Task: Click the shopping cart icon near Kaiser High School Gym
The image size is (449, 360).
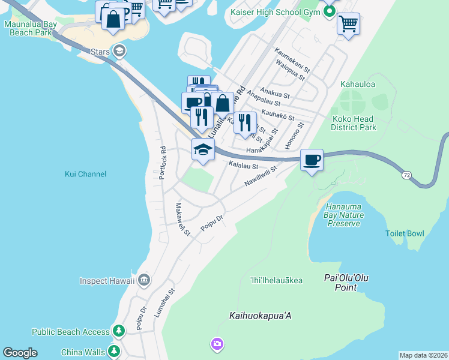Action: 348,25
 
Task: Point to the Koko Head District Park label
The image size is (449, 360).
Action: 354,123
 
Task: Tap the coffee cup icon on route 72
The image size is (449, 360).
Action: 312,160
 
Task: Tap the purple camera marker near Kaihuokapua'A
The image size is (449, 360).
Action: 217,344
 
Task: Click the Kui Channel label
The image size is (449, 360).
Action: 85,174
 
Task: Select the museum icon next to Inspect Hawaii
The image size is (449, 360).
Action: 144,280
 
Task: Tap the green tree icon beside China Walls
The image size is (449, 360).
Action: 113,352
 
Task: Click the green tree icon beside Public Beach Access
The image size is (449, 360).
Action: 119,331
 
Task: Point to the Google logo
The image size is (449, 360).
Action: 20,352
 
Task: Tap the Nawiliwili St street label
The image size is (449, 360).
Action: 260,176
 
